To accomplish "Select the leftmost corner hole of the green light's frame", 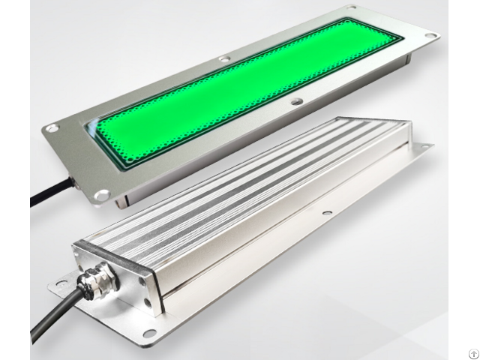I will (x=51, y=129).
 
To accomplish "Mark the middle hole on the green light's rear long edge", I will (x=223, y=58).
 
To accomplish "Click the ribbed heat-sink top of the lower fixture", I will (x=247, y=180).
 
